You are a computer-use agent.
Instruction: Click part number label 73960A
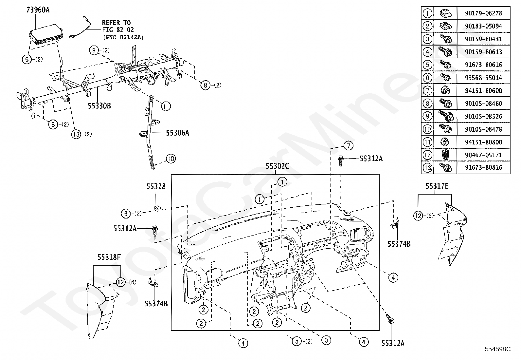pyautogui.click(x=38, y=10)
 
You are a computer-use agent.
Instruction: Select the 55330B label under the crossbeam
pyautogui.click(x=99, y=105)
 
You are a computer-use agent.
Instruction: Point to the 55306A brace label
pyautogui.click(x=177, y=133)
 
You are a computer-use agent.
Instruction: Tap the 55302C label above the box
pyautogui.click(x=277, y=166)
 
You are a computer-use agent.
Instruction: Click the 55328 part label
pyautogui.click(x=156, y=186)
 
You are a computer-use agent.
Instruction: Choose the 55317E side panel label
pyautogui.click(x=437, y=186)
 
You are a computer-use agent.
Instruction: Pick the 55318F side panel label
pyautogui.click(x=109, y=257)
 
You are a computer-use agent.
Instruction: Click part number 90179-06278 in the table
pyautogui.click(x=483, y=13)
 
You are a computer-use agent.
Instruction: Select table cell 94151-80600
pyautogui.click(x=483, y=90)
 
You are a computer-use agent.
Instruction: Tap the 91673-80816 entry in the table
pyautogui.click(x=483, y=168)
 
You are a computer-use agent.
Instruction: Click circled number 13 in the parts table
pyautogui.click(x=427, y=168)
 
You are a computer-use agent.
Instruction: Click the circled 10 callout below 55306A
pyautogui.click(x=171, y=159)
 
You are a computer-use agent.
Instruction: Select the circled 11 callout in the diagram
pyautogui.click(x=166, y=106)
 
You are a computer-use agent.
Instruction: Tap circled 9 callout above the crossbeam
pyautogui.click(x=94, y=50)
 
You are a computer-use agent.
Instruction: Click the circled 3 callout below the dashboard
pyautogui.click(x=326, y=340)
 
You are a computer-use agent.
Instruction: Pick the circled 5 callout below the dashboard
pyautogui.click(x=296, y=341)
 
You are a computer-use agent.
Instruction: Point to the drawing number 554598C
pyautogui.click(x=497, y=349)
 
